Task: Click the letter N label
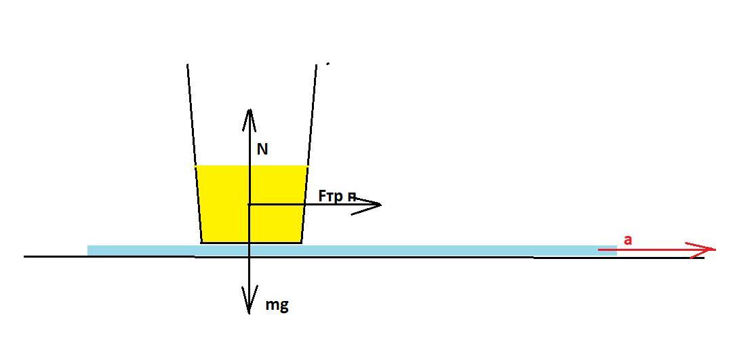point(262,149)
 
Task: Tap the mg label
point(277,305)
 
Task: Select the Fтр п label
point(337,196)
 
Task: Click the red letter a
point(628,239)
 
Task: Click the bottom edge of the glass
point(252,242)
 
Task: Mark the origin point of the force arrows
point(250,204)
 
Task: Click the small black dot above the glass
point(328,64)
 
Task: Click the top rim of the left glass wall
point(188,66)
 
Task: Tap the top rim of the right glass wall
point(317,66)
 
